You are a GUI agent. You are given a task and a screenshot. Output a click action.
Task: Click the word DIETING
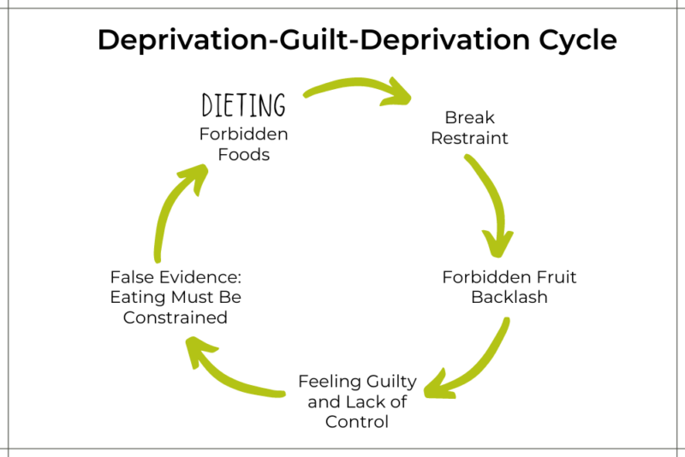click(243, 105)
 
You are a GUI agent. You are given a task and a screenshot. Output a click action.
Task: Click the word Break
click(469, 117)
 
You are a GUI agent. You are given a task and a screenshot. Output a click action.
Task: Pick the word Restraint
click(469, 137)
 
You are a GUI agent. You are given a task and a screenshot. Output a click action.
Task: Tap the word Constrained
click(175, 318)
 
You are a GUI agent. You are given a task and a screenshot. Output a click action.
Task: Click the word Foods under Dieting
click(243, 155)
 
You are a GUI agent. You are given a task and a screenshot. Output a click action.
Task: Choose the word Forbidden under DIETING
click(243, 134)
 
